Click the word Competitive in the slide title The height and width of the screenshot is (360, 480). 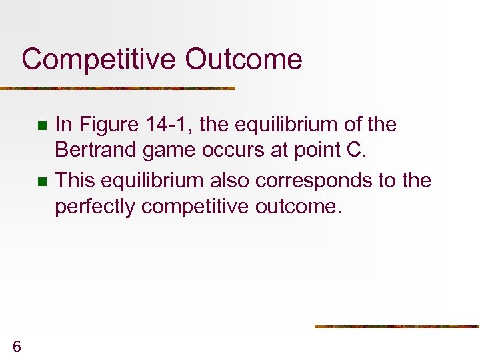(x=99, y=59)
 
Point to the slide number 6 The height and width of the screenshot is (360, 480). (x=17, y=345)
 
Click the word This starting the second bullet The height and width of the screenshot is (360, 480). (x=75, y=180)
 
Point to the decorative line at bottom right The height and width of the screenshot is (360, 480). (x=397, y=327)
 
